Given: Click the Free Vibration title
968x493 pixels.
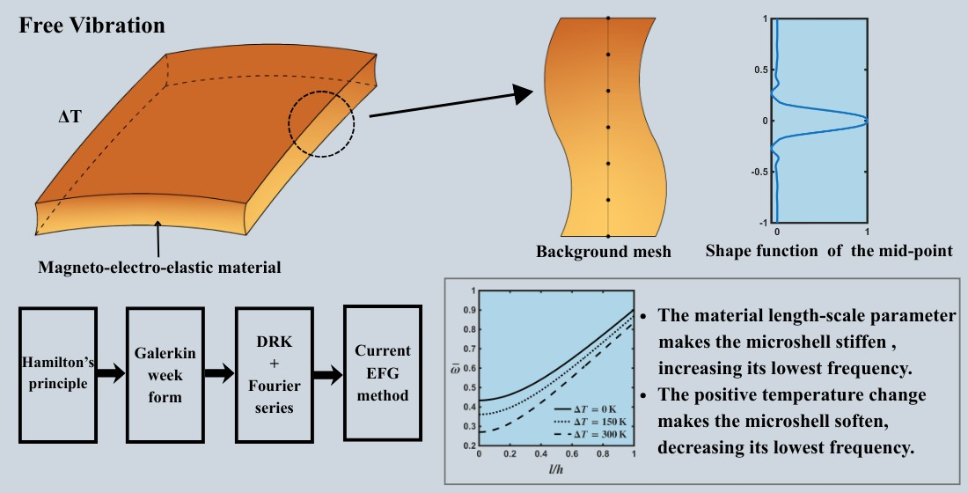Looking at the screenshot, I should coord(92,26).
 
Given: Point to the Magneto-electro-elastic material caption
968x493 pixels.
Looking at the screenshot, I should coord(158,266).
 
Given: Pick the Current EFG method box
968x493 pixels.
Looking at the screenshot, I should coord(382,374).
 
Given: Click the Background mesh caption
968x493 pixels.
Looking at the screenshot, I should coord(603,252).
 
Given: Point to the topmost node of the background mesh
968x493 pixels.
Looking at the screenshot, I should coord(607,18).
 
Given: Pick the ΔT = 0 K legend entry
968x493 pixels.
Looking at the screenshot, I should coord(591,409).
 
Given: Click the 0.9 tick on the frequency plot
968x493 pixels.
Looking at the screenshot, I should coord(469,310).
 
